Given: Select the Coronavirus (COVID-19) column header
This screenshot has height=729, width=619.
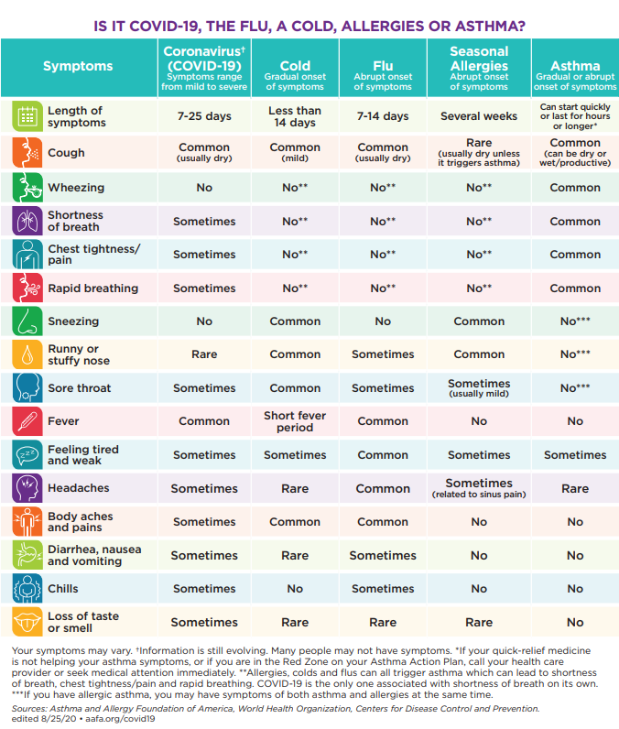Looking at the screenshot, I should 204,66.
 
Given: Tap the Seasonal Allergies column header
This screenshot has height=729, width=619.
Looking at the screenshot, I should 479,66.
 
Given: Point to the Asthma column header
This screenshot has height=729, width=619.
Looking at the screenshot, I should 575,67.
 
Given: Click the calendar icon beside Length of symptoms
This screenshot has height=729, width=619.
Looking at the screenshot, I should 27,116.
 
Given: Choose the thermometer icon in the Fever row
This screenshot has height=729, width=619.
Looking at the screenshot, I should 27,421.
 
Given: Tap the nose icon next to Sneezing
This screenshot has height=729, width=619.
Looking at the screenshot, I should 27,321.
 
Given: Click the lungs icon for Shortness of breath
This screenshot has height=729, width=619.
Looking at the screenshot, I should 27,221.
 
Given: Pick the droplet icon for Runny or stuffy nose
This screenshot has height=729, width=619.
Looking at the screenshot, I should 27,354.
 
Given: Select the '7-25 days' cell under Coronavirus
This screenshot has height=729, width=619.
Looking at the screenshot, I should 204,116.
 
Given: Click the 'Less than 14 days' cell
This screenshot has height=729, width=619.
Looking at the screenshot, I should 295,116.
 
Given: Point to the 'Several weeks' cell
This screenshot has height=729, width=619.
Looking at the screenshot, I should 479,116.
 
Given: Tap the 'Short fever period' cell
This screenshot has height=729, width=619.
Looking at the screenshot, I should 295,421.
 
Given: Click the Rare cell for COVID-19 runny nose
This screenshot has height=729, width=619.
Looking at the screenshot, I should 204,354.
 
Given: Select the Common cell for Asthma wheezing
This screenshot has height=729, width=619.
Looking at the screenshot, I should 575,188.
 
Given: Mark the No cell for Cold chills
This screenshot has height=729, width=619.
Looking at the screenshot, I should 295,589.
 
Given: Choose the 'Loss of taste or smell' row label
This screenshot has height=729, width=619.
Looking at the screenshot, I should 83,622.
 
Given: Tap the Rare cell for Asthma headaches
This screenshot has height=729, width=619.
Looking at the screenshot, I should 575,488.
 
